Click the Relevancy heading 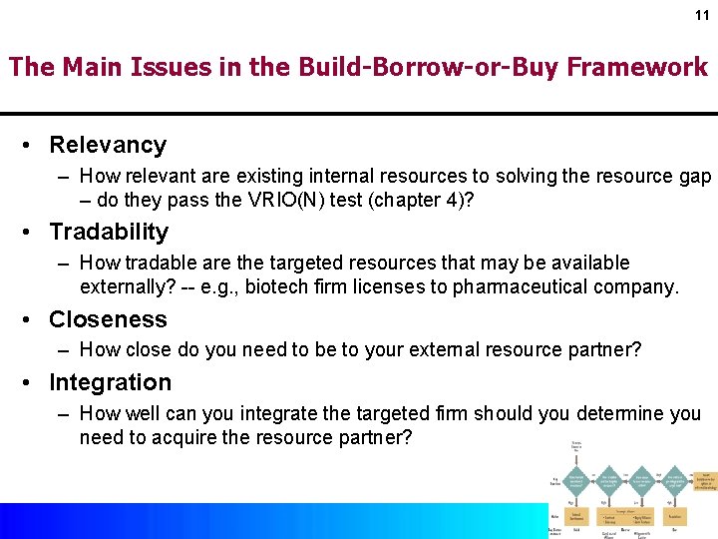108,145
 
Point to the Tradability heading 109,232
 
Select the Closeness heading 108,319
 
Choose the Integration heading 110,382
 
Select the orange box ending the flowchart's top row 706,480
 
